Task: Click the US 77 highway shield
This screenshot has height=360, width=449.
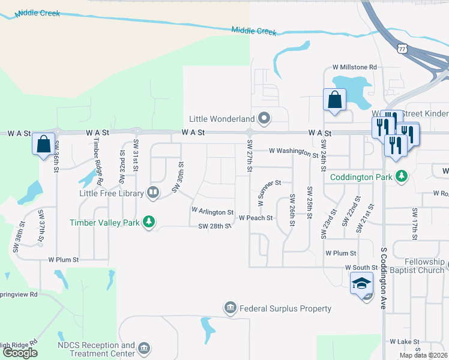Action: coord(402,47)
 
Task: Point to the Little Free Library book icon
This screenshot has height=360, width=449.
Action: coord(153,193)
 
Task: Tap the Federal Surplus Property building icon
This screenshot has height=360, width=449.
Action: coord(231,308)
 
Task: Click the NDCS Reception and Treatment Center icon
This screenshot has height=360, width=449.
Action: coord(143,348)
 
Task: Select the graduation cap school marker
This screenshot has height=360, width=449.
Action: coord(362,283)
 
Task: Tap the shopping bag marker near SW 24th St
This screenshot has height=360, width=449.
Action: coord(334,100)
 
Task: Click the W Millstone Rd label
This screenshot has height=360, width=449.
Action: coord(354,68)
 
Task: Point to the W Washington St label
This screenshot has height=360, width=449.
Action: coord(294,152)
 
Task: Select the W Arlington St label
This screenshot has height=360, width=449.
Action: coord(212,212)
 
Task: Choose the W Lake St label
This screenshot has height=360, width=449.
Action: coord(404,341)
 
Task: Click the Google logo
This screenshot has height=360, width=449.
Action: coord(20,353)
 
